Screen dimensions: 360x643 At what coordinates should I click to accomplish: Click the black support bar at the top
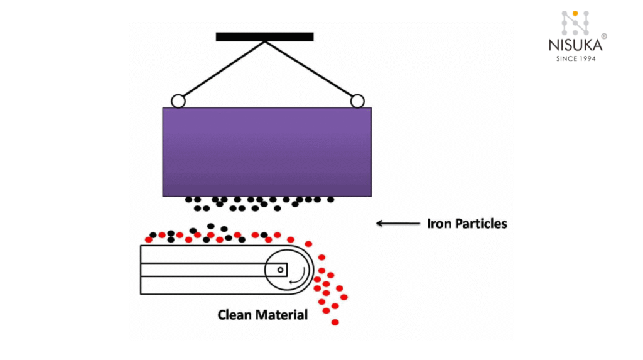coord(264,36)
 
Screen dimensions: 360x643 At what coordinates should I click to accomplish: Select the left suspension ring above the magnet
coord(178,101)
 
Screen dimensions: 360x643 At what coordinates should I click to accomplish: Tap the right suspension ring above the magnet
coord(357,101)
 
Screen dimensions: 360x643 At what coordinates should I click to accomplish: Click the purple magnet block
coord(267,151)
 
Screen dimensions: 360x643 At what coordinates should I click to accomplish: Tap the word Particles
coord(482,223)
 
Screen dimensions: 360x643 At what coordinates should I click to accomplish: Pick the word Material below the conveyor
coord(284,314)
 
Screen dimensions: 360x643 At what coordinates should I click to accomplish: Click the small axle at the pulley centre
coord(281,270)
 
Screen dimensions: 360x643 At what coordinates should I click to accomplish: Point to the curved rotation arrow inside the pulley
coord(301,276)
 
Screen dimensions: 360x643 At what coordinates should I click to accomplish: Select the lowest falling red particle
coord(335,322)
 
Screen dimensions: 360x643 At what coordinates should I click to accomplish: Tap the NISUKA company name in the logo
coord(575,45)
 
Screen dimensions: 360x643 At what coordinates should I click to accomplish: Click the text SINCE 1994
coord(575,58)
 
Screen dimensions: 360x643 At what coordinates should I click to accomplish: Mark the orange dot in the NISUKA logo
coord(575,13)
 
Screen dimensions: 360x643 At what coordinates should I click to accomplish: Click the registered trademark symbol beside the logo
coord(604,36)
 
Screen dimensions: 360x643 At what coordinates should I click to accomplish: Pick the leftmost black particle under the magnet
coord(188,200)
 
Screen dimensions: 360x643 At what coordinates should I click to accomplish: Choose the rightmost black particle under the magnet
coord(330,200)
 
